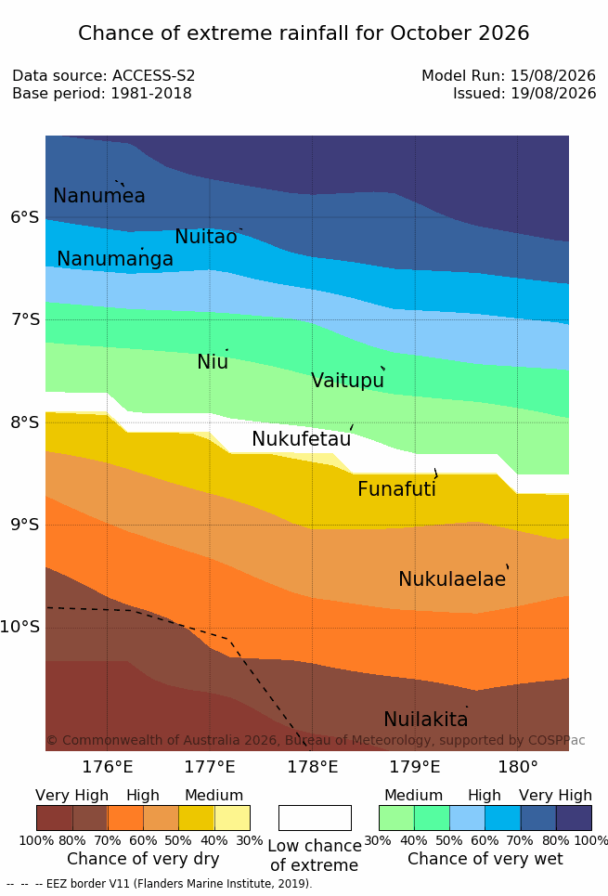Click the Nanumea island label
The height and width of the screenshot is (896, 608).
pos(98,195)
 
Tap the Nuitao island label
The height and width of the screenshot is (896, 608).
pos(206,236)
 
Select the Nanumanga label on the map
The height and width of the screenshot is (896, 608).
pos(115,259)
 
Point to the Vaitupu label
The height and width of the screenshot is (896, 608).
pos(347,381)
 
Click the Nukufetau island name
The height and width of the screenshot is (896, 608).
pos(301,439)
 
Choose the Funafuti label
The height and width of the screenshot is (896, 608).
pos(396,489)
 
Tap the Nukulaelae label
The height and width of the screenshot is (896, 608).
pos(452,578)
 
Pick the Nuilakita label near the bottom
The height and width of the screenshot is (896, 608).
pos(426,719)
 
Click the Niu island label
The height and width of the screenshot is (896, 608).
pos(213,362)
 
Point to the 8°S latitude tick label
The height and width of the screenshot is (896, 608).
pos(25,422)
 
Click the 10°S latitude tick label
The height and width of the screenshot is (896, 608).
pos(20,627)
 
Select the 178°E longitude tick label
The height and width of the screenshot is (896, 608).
pos(312,767)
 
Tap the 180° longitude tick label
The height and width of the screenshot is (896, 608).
pos(518,767)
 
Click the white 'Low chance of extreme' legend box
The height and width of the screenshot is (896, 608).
pos(315,818)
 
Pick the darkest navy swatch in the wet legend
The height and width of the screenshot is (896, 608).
pos(574,818)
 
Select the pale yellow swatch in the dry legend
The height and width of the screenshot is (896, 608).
pos(232,818)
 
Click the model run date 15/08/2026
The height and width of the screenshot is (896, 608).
pos(553,75)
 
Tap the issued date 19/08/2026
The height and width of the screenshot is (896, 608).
pos(553,93)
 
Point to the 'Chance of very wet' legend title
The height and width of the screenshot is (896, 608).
pos(485,859)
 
